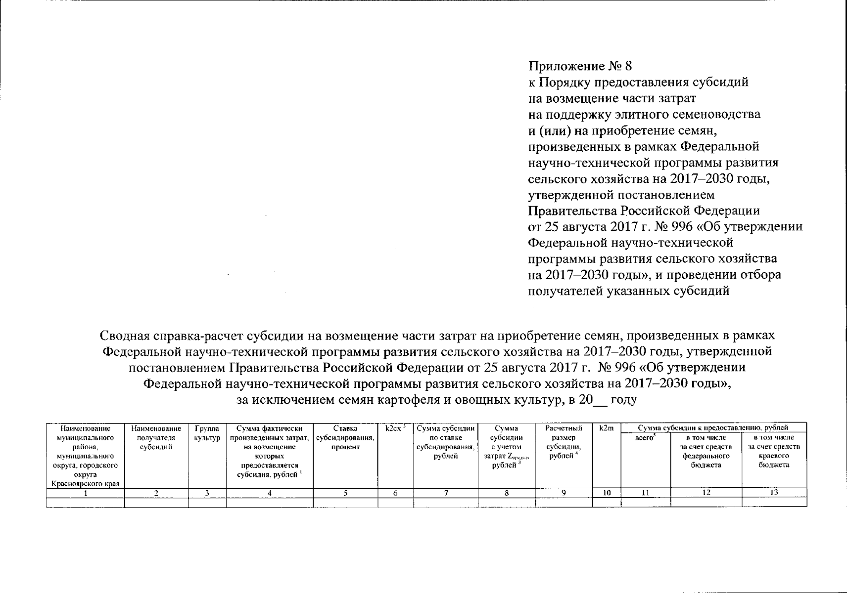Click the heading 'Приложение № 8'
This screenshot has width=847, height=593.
pyautogui.click(x=580, y=66)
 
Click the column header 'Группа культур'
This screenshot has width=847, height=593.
pyautogui.click(x=207, y=433)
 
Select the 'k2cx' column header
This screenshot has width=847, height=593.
pyautogui.click(x=395, y=428)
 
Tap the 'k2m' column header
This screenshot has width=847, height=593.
pyautogui.click(x=606, y=428)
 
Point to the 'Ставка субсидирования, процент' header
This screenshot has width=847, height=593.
pyautogui.click(x=345, y=438)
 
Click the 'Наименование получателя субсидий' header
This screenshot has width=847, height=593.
pyautogui.click(x=156, y=438)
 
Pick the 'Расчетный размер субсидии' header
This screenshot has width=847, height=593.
pyautogui.click(x=564, y=442)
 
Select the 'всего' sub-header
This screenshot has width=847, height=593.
pyautogui.click(x=645, y=438)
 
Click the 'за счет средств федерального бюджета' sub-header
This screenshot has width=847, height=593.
pyautogui.click(x=706, y=451)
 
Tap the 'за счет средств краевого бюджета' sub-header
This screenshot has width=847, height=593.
pyautogui.click(x=774, y=451)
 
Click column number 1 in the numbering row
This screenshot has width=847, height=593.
pyautogui.click(x=86, y=493)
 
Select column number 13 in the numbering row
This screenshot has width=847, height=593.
pyautogui.click(x=774, y=492)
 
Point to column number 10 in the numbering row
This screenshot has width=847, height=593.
pyautogui.click(x=607, y=493)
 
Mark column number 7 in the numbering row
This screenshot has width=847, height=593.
pyautogui.click(x=445, y=493)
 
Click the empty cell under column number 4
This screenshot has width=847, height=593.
pyautogui.click(x=270, y=503)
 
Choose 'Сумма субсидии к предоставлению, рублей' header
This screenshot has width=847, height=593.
pyautogui.click(x=713, y=428)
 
